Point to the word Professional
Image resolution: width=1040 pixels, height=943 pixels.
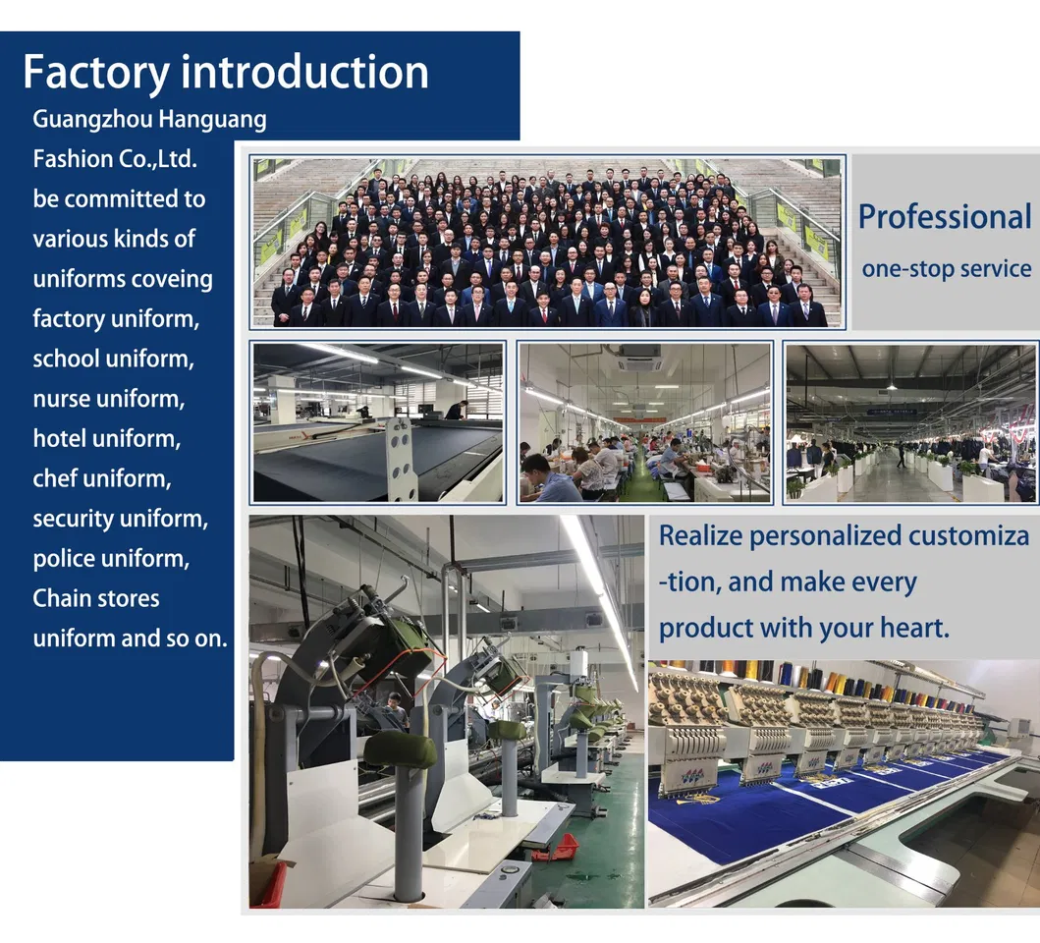click(945, 217)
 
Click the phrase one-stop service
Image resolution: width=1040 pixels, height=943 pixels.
click(946, 267)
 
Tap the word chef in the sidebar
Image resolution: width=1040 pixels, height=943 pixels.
click(56, 479)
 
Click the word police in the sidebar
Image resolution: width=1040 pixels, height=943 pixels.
click(64, 559)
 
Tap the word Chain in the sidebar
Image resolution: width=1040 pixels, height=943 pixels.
click(61, 598)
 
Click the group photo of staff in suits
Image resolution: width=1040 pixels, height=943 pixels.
click(547, 241)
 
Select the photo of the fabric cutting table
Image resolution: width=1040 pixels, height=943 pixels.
click(378, 422)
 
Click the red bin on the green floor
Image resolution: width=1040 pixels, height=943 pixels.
click(555, 847)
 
